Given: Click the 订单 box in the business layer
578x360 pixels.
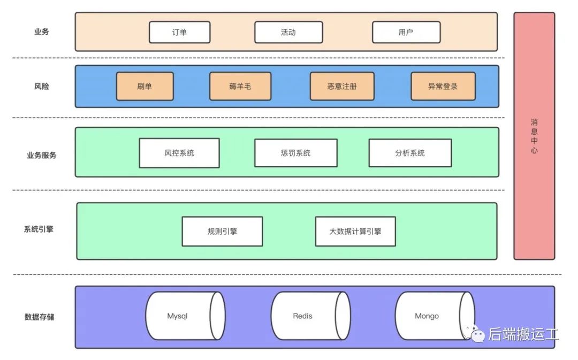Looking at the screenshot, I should (179, 32).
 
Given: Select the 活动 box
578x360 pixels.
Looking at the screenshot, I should (288, 32).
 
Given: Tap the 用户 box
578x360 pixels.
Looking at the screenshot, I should (406, 32).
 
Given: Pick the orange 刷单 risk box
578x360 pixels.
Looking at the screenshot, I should (144, 86).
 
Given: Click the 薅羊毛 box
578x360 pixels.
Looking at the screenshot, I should (240, 86).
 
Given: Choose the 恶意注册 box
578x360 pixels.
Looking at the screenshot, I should (342, 86).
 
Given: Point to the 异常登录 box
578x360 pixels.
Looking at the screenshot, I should (443, 86).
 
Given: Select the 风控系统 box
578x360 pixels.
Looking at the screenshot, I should (179, 153).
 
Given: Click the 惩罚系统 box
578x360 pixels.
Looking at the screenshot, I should (295, 153).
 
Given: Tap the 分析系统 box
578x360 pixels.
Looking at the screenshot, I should (410, 153).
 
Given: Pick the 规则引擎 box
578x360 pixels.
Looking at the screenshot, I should (222, 232).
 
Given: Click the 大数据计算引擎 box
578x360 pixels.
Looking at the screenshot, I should (355, 232).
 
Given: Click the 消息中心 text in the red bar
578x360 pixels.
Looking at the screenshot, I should (534, 136).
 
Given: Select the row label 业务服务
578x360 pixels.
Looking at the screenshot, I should (41, 156).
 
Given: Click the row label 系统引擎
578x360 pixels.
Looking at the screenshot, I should (39, 229).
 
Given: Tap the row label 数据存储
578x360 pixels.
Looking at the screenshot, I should (39, 317).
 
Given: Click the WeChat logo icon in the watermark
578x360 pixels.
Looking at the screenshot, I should (476, 334).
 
